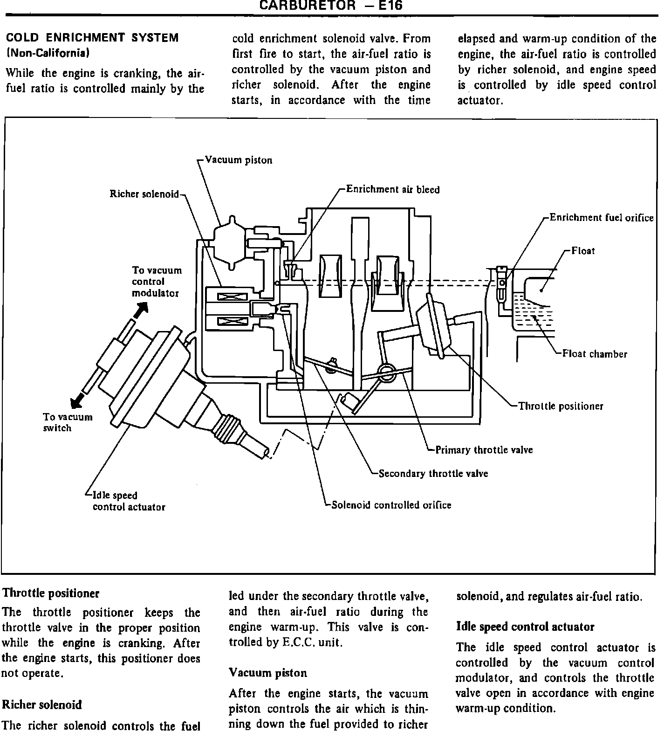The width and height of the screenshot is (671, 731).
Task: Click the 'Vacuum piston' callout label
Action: [x=239, y=160]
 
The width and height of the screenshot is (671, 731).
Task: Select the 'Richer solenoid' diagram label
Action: [x=144, y=194]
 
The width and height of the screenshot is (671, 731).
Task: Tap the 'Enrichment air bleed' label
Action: [x=393, y=189]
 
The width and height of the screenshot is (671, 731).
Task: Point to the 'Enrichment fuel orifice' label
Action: [x=602, y=218]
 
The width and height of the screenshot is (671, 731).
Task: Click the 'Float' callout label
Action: [x=583, y=251]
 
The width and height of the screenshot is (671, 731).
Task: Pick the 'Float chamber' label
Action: [x=595, y=354]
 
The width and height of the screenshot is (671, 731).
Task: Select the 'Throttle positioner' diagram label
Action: [x=561, y=406]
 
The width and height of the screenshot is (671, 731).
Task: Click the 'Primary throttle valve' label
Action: [x=484, y=450]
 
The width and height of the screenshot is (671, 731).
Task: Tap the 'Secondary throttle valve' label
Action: [x=433, y=474]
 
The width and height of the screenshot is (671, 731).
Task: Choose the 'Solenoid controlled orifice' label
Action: [x=391, y=505]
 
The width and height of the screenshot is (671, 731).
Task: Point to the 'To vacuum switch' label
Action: [x=68, y=422]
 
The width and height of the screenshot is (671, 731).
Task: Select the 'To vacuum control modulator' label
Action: [x=157, y=282]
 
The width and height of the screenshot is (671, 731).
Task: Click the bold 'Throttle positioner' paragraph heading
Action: [x=51, y=593]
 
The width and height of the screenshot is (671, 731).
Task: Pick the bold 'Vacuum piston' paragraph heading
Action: [x=267, y=673]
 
